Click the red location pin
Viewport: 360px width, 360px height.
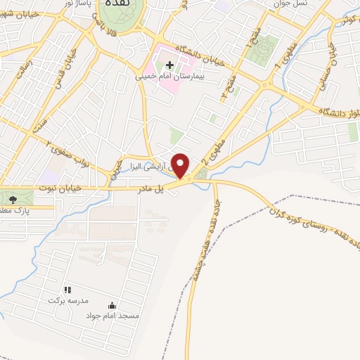point(181,165)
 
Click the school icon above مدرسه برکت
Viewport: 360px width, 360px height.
point(67,290)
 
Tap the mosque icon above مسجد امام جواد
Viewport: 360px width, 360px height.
point(112,305)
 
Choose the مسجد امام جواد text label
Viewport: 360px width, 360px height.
point(112,316)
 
